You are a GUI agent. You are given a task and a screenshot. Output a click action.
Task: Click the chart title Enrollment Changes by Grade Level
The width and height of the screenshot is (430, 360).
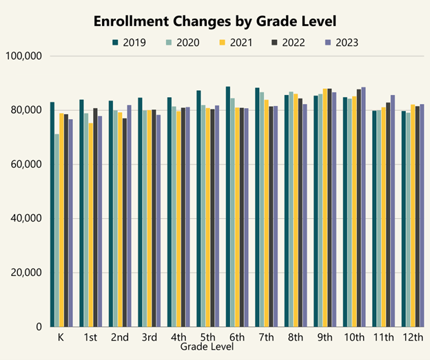pos(214,21)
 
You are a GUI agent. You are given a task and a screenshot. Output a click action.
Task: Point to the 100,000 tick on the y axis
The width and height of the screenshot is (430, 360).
pos(25,56)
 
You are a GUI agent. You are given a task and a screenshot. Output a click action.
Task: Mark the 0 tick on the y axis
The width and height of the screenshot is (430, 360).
pos(40,327)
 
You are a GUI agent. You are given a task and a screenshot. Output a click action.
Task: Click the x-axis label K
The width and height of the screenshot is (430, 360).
pos(61,338)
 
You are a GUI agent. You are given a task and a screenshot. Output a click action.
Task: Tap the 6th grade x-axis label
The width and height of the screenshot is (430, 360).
pos(237,338)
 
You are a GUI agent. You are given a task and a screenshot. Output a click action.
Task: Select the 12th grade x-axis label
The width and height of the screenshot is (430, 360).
pos(413,338)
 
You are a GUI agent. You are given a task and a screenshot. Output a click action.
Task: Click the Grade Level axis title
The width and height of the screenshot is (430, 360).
pos(207,348)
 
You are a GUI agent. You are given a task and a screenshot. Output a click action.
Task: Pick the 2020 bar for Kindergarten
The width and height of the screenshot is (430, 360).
pos(57,230)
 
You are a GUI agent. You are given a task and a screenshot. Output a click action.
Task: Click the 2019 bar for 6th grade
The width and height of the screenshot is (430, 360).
pos(228,207)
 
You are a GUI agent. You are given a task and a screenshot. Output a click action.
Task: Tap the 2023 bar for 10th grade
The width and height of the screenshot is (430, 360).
pos(364,207)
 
